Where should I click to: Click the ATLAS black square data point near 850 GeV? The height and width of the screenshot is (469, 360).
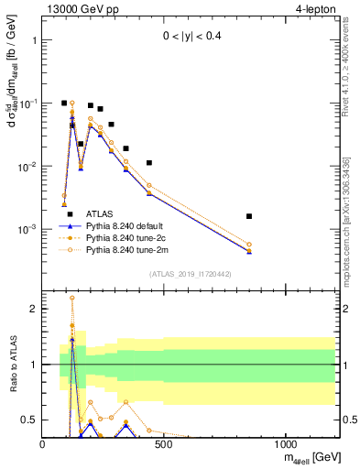pos(249,216)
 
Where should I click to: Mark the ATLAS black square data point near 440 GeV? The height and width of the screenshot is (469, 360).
pos(149,163)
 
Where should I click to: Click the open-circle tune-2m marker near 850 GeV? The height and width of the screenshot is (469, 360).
pos(249,245)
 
